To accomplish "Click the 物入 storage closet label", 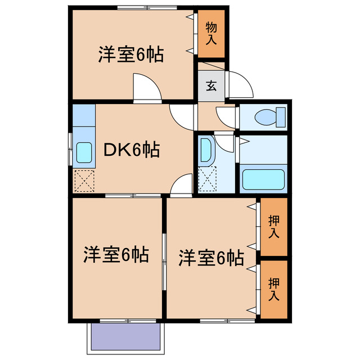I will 211,34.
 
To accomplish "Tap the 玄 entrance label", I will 211,85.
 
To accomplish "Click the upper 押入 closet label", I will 273,226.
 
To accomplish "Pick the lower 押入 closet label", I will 273,288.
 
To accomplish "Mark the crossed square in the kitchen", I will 84,181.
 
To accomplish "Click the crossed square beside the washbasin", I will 206,180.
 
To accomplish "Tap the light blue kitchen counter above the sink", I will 83,115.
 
